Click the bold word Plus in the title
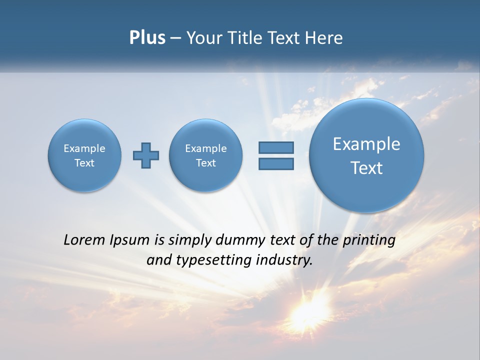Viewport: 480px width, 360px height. (147, 38)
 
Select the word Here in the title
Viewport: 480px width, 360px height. (325, 38)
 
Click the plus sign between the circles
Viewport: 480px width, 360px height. (146, 155)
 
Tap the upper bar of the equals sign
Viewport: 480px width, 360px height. (276, 147)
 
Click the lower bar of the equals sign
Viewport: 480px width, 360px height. (276, 164)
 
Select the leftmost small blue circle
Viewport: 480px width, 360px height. (84, 155)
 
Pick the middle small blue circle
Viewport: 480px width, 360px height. (206, 155)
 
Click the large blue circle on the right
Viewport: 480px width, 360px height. (366, 155)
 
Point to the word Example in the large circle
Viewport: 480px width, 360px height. (366, 144)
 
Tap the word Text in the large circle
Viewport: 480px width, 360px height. (366, 168)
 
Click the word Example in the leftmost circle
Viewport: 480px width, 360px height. (84, 148)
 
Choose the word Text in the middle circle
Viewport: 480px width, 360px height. (206, 163)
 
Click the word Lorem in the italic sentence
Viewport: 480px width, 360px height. (84, 240)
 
